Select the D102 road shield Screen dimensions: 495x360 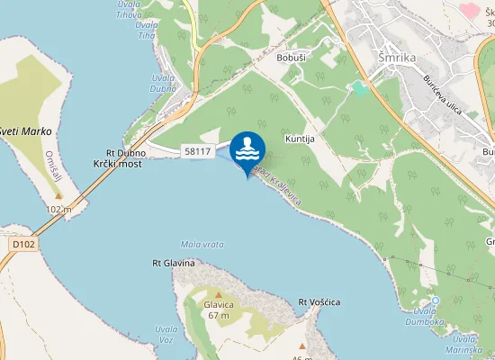tap(23, 243)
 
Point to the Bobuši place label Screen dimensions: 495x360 tap(293, 57)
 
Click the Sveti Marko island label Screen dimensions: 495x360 tap(27, 131)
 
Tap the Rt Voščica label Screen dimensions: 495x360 tap(319, 301)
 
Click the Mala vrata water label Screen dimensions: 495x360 tap(202, 244)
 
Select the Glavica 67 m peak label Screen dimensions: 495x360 tap(220, 310)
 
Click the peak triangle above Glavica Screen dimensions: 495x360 tap(218, 293)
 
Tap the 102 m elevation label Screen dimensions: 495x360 tap(58, 209)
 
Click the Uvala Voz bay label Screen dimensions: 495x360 tap(166, 334)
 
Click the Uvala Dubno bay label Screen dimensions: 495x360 tap(163, 84)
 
